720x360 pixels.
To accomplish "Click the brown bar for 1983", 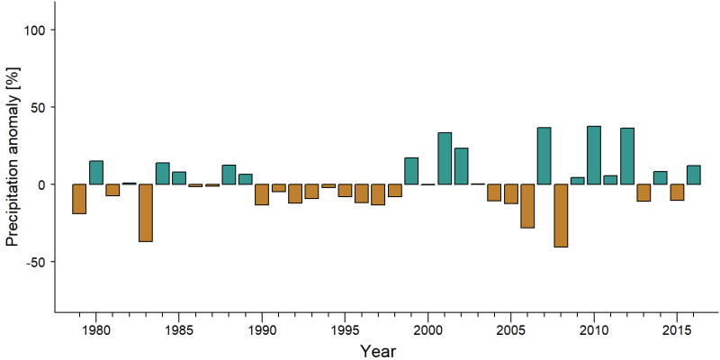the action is [146, 212].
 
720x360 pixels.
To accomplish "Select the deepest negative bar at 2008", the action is [561, 215].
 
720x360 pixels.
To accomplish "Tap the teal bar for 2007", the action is [544, 156].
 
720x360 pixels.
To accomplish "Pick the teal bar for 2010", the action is [594, 155].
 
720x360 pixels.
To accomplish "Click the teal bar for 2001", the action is [445, 158].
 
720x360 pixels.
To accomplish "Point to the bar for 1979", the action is [79, 199].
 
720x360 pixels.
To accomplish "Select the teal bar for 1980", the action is [96, 173].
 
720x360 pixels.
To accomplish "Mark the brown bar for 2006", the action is [527, 206].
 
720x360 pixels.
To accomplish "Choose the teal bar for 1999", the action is [411, 171].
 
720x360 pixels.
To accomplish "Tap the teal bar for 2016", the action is [694, 175].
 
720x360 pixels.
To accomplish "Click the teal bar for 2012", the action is [627, 156].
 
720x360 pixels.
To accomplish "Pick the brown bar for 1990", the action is [262, 194].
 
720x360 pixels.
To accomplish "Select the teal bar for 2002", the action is [462, 166].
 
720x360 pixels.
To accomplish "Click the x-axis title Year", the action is [378, 351].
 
